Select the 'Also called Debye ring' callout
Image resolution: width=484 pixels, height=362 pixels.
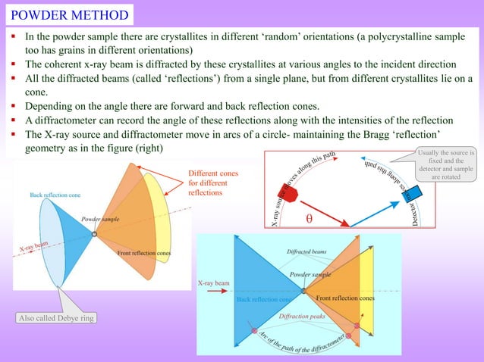point(55,318)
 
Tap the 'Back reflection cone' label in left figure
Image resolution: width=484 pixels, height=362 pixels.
point(56,195)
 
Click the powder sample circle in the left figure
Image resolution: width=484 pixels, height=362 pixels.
point(93,235)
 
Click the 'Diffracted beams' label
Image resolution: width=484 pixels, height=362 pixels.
point(306,251)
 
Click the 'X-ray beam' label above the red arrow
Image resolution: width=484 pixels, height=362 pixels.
point(213,282)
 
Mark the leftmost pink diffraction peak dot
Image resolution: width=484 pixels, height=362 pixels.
point(253,331)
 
